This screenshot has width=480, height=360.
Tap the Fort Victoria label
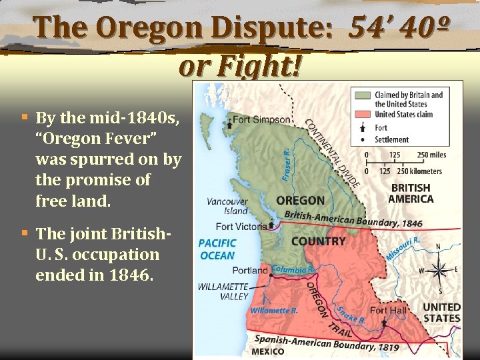coord(243,226)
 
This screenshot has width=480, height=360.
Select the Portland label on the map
coord(249,271)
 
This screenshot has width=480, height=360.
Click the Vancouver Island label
coord(227,206)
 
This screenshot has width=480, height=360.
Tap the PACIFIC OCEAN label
coord(217,249)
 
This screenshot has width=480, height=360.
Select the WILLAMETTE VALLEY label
coord(223,291)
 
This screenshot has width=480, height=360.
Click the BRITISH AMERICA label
coord(411,193)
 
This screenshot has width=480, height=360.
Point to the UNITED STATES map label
coord(441,313)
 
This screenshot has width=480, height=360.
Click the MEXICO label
coord(269,351)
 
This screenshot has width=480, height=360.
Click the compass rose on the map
coord(439,270)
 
